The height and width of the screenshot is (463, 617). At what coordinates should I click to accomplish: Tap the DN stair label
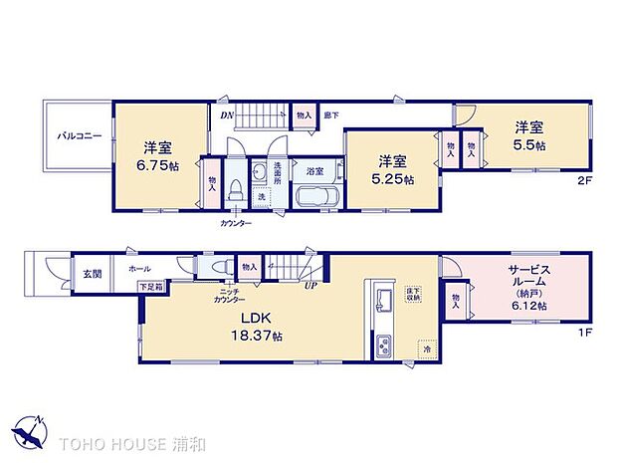pyautogui.click(x=226, y=114)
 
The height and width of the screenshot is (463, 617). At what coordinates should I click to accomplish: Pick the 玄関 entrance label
pyautogui.click(x=92, y=271)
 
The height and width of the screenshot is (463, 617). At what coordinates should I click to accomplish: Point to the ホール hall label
pyautogui.click(x=139, y=268)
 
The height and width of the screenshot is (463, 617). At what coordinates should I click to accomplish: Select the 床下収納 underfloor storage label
pyautogui.click(x=413, y=294)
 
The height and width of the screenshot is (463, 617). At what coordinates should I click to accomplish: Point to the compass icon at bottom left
pyautogui.click(x=29, y=430)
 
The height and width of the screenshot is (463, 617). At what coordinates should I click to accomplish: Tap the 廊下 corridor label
pyautogui.click(x=332, y=115)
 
